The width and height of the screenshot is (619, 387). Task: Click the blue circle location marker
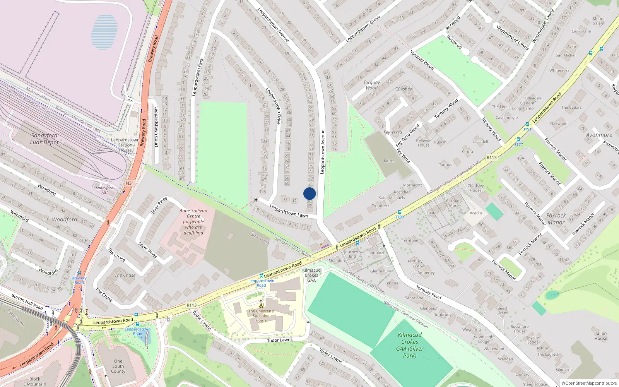pos(309,193)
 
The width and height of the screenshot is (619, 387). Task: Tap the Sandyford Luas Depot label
pos(44,139)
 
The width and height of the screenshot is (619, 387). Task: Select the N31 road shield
pos(130,183)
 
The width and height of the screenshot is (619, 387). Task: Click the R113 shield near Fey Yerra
pos(491,158)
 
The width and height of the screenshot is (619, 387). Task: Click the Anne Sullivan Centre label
pos(193,221)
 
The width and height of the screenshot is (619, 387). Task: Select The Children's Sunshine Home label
pos(261,315)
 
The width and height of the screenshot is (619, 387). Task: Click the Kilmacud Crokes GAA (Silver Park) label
pos(410,345)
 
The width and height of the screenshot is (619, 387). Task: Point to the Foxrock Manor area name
pos(556,219)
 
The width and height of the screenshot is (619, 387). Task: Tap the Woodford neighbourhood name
pos(65,219)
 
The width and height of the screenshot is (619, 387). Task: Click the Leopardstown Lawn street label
pos(289,211)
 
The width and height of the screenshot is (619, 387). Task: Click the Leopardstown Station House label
pos(125,145)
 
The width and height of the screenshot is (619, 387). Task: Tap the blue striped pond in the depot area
pos(104,32)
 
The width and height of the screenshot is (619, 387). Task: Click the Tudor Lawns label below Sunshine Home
pos(280,340)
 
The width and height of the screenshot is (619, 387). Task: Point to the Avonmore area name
pos(599,135)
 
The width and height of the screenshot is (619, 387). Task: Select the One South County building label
pos(118,366)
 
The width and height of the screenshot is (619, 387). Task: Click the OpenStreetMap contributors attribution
pos(589,383)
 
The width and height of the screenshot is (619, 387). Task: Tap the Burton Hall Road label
pos(27,301)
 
